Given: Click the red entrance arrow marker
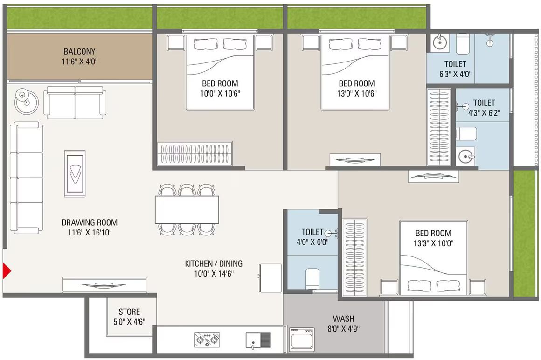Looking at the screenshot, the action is click(7, 270).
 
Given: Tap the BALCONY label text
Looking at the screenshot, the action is click(79, 52).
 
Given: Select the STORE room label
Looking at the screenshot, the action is click(129, 312).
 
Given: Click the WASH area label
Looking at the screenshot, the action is click(343, 318).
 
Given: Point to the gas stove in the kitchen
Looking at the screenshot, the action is click(207, 339).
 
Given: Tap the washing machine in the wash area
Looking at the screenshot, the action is click(302, 339).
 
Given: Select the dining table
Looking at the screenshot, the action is click(187, 210).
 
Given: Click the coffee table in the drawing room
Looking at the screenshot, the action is click(75, 173).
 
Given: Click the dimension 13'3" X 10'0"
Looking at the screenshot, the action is click(433, 243).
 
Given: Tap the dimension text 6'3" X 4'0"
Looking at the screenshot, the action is click(455, 74).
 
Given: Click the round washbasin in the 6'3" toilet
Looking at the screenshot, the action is click(440, 42).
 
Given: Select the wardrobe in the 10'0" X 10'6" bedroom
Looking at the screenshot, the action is click(194, 153).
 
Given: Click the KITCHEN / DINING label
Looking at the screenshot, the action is click(214, 264).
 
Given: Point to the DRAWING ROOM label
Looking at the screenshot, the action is click(90, 222).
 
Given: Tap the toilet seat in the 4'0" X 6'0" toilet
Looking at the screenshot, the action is click(312, 278).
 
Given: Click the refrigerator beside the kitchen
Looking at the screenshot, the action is click(270, 278).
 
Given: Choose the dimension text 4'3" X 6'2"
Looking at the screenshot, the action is click(484, 113).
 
